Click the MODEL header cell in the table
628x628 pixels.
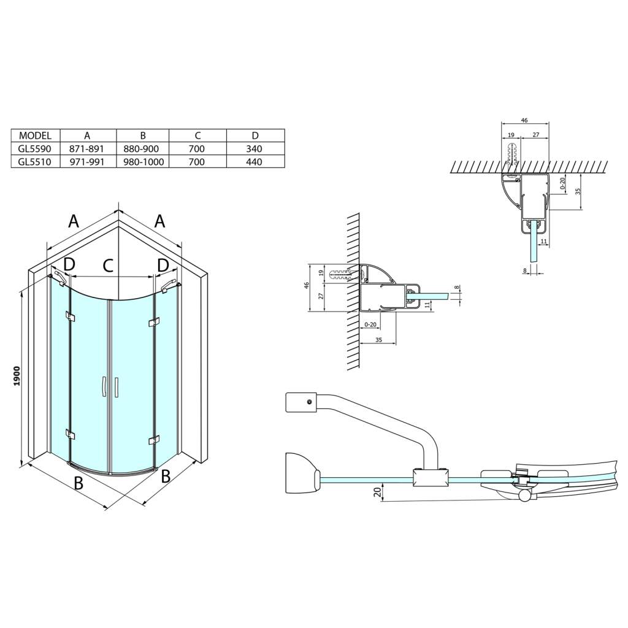pyautogui.click(x=35, y=136)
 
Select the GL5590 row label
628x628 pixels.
pyautogui.click(x=35, y=148)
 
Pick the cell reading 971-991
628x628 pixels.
pyautogui.click(x=86, y=162)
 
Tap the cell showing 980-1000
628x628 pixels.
pyautogui.click(x=143, y=162)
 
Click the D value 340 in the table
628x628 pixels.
pyautogui.click(x=255, y=148)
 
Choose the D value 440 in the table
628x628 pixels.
pyautogui.click(x=255, y=162)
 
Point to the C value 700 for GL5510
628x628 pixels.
pyautogui.click(x=197, y=162)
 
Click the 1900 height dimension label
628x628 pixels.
pyautogui.click(x=17, y=377)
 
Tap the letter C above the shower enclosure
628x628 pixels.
pyautogui.click(x=108, y=265)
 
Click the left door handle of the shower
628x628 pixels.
pyautogui.click(x=103, y=386)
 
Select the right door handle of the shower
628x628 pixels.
pyautogui.click(x=116, y=388)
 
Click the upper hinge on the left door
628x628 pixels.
pyautogui.click(x=71, y=316)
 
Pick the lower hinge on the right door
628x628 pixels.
pyautogui.click(x=154, y=440)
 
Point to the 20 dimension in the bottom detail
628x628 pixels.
pyautogui.click(x=378, y=492)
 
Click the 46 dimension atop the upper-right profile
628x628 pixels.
pyautogui.click(x=524, y=120)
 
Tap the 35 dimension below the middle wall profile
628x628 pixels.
pyautogui.click(x=378, y=340)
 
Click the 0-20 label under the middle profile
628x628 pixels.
pyautogui.click(x=370, y=325)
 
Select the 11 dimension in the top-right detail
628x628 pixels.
pyautogui.click(x=543, y=241)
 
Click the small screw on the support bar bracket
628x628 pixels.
pyautogui.click(x=309, y=402)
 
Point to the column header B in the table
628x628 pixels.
pyautogui.click(x=143, y=136)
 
